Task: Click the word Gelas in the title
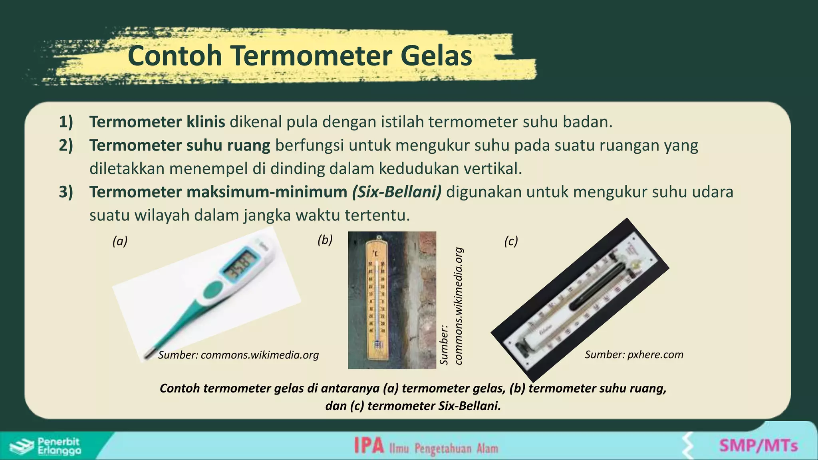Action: (436, 56)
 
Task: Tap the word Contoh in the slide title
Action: (175, 56)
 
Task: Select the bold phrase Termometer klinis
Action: (157, 122)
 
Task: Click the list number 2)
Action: (66, 145)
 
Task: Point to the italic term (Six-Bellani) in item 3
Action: (397, 192)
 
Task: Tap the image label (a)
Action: (120, 241)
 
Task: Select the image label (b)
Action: (325, 240)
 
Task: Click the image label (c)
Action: (511, 241)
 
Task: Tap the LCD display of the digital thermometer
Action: (240, 266)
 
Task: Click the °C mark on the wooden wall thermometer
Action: (375, 253)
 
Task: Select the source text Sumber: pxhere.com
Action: (634, 355)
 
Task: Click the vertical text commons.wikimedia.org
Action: (459, 306)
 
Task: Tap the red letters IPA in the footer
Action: (369, 446)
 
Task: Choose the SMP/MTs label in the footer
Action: (758, 446)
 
